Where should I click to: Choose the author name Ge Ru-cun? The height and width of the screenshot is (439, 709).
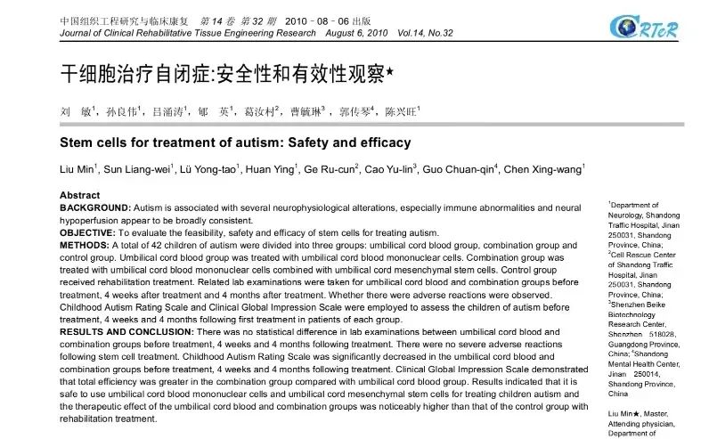coord(330,169)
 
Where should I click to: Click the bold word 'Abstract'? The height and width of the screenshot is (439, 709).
coord(80,195)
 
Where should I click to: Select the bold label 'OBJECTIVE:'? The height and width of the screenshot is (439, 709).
coord(87,232)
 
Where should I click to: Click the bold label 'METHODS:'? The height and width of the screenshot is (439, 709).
coord(83,244)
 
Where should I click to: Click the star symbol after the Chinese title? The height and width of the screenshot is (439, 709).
coord(388,76)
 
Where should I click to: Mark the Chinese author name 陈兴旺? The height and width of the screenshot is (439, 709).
coord(402,114)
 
